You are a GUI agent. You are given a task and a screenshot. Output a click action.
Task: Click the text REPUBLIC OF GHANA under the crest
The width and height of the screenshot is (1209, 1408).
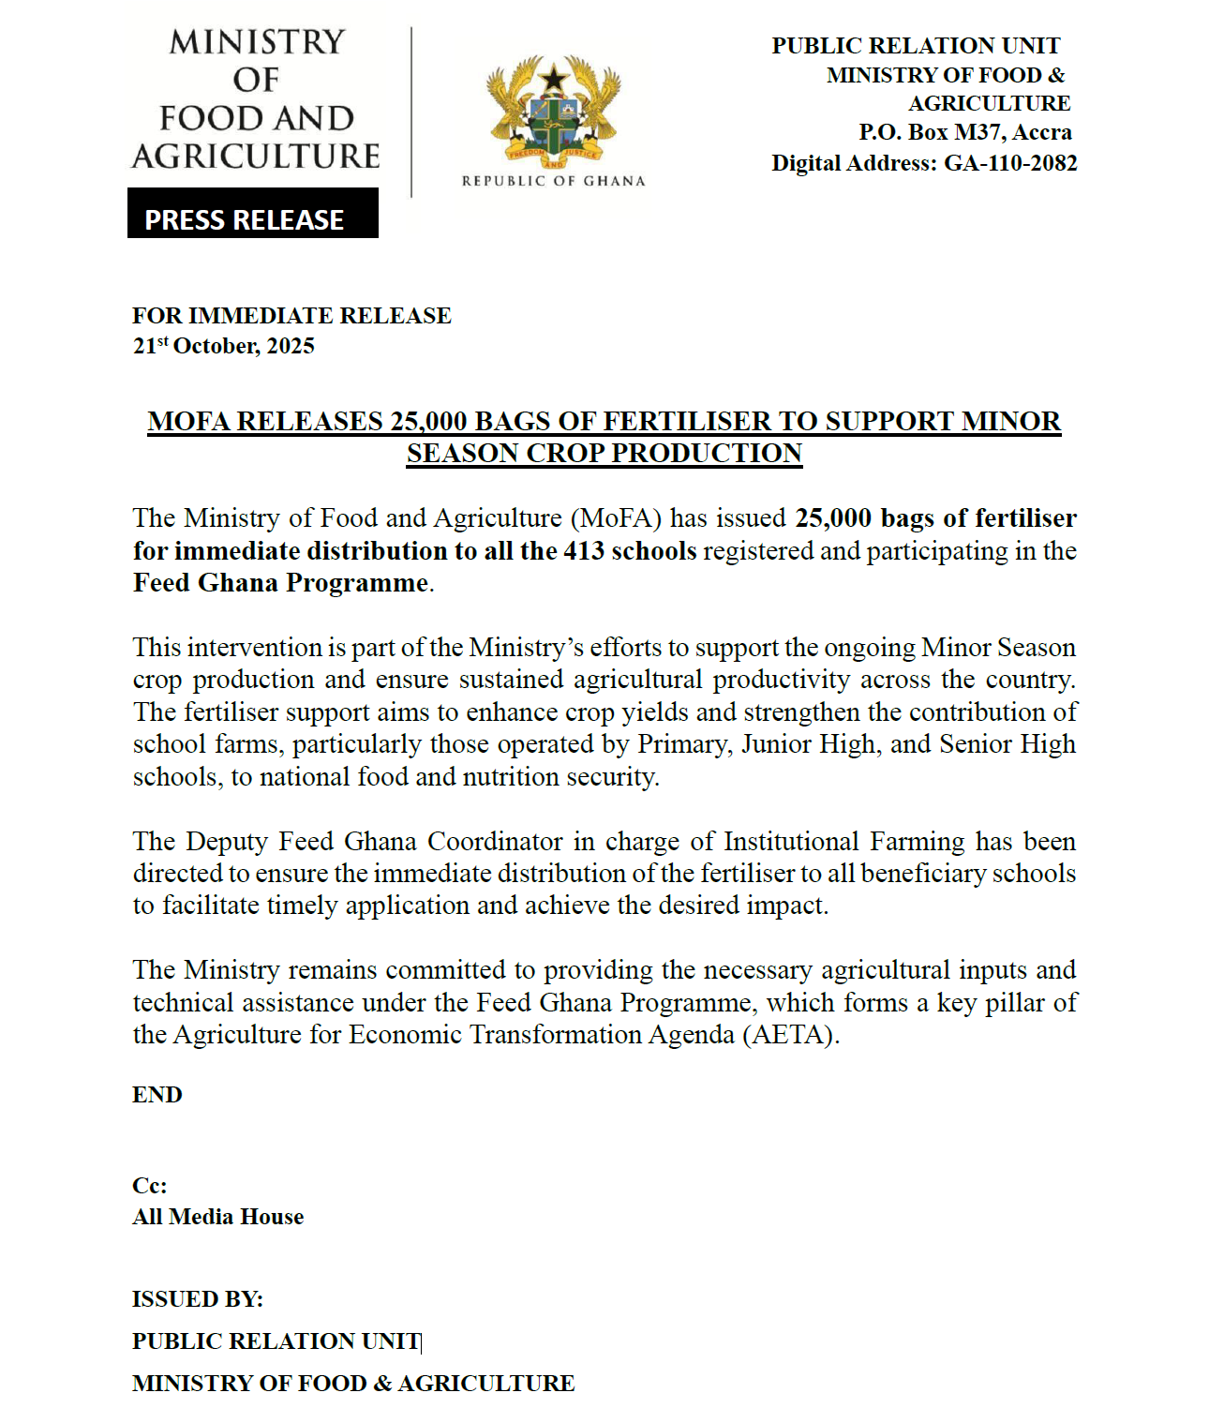(x=553, y=181)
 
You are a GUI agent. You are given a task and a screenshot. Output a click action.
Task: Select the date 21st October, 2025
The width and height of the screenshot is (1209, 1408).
(x=223, y=346)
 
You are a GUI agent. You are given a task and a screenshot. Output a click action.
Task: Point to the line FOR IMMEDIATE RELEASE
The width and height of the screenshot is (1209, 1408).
(x=291, y=316)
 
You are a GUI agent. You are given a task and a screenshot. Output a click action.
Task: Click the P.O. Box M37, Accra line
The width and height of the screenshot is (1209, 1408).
(x=964, y=132)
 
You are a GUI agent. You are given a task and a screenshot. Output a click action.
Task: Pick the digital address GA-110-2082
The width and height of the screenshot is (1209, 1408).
(x=1010, y=163)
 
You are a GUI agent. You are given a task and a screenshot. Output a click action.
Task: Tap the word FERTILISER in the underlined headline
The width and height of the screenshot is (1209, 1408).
(x=686, y=422)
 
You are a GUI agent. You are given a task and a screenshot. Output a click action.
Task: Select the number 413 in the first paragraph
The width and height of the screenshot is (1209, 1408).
(x=583, y=551)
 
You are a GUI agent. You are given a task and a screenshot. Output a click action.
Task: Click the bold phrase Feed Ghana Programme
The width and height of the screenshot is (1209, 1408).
(x=280, y=583)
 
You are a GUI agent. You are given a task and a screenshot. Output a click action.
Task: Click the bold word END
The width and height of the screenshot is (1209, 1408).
(x=157, y=1095)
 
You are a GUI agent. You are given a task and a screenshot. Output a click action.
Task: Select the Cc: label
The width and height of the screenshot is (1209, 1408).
(x=149, y=1186)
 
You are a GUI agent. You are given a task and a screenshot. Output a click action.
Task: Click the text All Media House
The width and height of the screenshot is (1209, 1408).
(x=217, y=1217)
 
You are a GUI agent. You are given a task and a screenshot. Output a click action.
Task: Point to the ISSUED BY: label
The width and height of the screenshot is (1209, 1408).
(x=197, y=1299)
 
